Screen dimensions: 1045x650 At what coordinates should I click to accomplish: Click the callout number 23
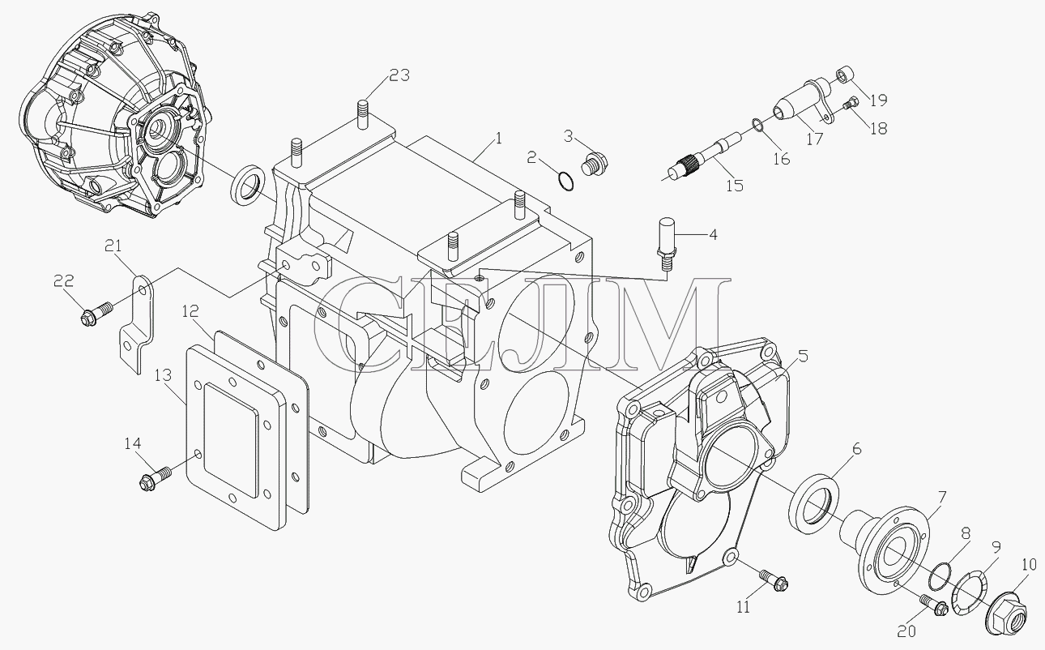(x=400, y=75)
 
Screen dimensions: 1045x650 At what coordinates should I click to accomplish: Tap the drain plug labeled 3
(x=595, y=164)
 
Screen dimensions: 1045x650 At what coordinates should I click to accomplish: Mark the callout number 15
(x=734, y=186)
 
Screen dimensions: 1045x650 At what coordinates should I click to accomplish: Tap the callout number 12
(x=190, y=311)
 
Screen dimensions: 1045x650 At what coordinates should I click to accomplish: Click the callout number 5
(x=803, y=356)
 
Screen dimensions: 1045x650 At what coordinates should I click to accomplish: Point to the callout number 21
(x=113, y=246)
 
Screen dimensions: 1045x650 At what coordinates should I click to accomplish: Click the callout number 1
(x=498, y=139)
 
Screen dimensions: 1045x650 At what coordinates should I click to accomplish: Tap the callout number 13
(x=164, y=375)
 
